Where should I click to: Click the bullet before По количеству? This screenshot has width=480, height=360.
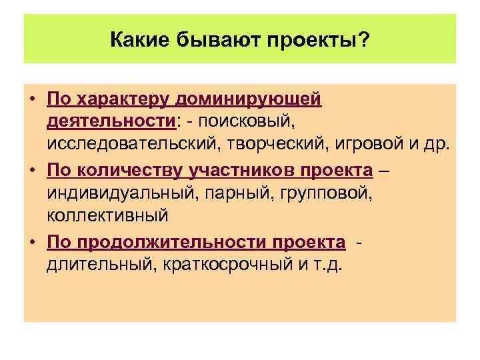[32, 170]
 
